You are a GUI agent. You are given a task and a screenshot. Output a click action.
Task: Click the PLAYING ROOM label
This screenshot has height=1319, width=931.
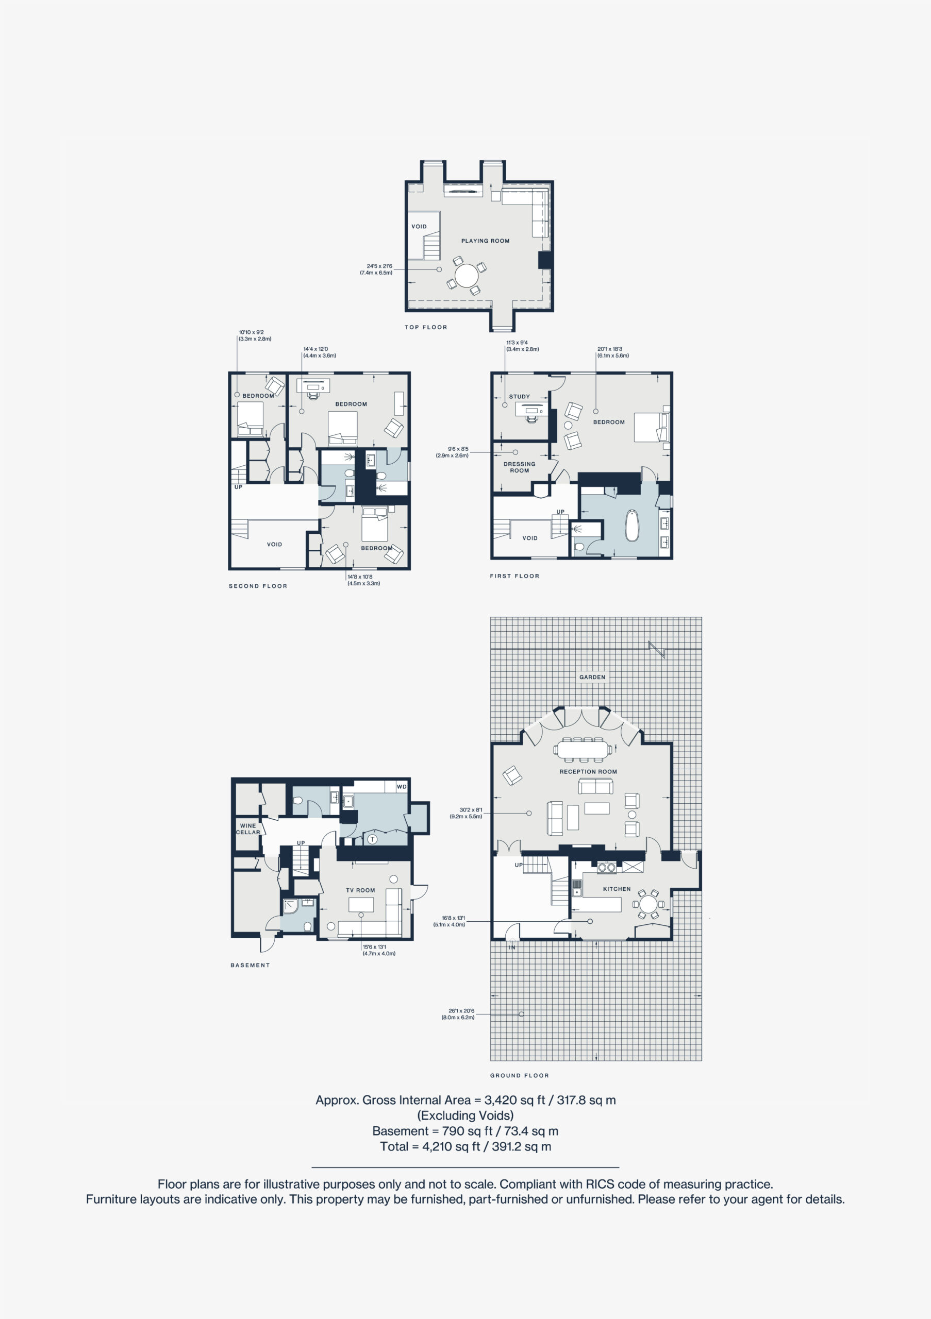[x=485, y=241]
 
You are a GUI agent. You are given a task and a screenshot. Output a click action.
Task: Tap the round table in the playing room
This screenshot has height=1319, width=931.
[x=466, y=275]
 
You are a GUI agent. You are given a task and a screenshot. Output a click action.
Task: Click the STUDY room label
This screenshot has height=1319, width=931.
[x=520, y=396]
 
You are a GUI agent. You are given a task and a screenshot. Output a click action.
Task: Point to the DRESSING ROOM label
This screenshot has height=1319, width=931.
[x=520, y=467]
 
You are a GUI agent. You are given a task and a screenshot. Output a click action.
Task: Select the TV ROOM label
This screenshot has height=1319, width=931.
[x=360, y=890]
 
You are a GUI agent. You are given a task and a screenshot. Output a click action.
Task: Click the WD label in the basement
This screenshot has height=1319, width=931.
[x=402, y=786]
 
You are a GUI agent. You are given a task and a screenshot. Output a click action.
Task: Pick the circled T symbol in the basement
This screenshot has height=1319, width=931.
[x=372, y=839]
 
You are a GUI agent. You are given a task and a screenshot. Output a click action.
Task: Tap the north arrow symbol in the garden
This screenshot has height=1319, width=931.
[x=657, y=650]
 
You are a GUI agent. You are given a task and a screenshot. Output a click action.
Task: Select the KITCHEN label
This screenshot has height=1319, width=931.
[x=617, y=889]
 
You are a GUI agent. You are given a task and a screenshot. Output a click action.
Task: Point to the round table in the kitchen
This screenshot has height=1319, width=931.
[x=649, y=904]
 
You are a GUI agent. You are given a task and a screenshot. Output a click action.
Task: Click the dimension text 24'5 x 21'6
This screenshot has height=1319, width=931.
[x=379, y=266]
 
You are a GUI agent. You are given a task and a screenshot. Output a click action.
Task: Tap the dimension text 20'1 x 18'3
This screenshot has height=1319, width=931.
[x=610, y=349]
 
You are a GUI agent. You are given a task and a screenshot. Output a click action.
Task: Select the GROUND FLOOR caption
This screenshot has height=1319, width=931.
[x=520, y=1075]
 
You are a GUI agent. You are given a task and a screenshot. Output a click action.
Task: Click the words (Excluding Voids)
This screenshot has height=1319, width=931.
[x=465, y=1115]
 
